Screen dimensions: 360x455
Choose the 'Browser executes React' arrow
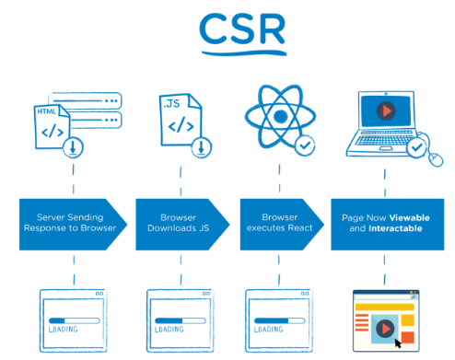pyautogui.click(x=277, y=224)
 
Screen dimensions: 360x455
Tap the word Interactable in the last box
pyautogui.click(x=392, y=229)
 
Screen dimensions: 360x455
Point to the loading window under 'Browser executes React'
pyautogui.click(x=276, y=318)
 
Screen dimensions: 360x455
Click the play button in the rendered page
pyautogui.click(x=384, y=325)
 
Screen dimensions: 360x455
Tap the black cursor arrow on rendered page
pyautogui.click(x=399, y=343)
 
